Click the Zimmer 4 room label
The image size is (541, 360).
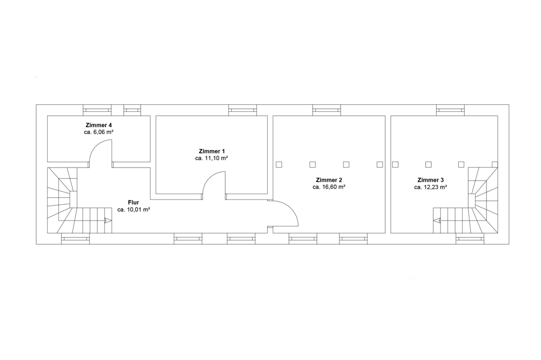point(98,125)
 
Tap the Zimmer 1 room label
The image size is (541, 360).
point(212,151)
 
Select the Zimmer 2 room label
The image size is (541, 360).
point(329,180)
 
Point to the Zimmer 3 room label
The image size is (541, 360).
point(431,180)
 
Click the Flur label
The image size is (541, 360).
point(134,202)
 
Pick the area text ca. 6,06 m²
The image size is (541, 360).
point(98,132)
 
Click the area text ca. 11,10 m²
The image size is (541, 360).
point(212,158)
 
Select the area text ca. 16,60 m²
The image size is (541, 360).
point(329,187)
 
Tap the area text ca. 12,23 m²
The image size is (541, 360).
point(431,187)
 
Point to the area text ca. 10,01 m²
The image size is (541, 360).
point(134,209)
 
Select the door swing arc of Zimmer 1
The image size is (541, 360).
point(209,178)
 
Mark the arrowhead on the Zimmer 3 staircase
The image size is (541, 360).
point(437,220)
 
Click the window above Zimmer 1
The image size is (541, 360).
point(242,110)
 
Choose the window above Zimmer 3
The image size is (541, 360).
point(450,110)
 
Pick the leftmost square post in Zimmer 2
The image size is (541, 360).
point(279,164)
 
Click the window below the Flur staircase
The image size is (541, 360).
point(75,238)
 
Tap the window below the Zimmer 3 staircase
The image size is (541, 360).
point(470,238)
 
